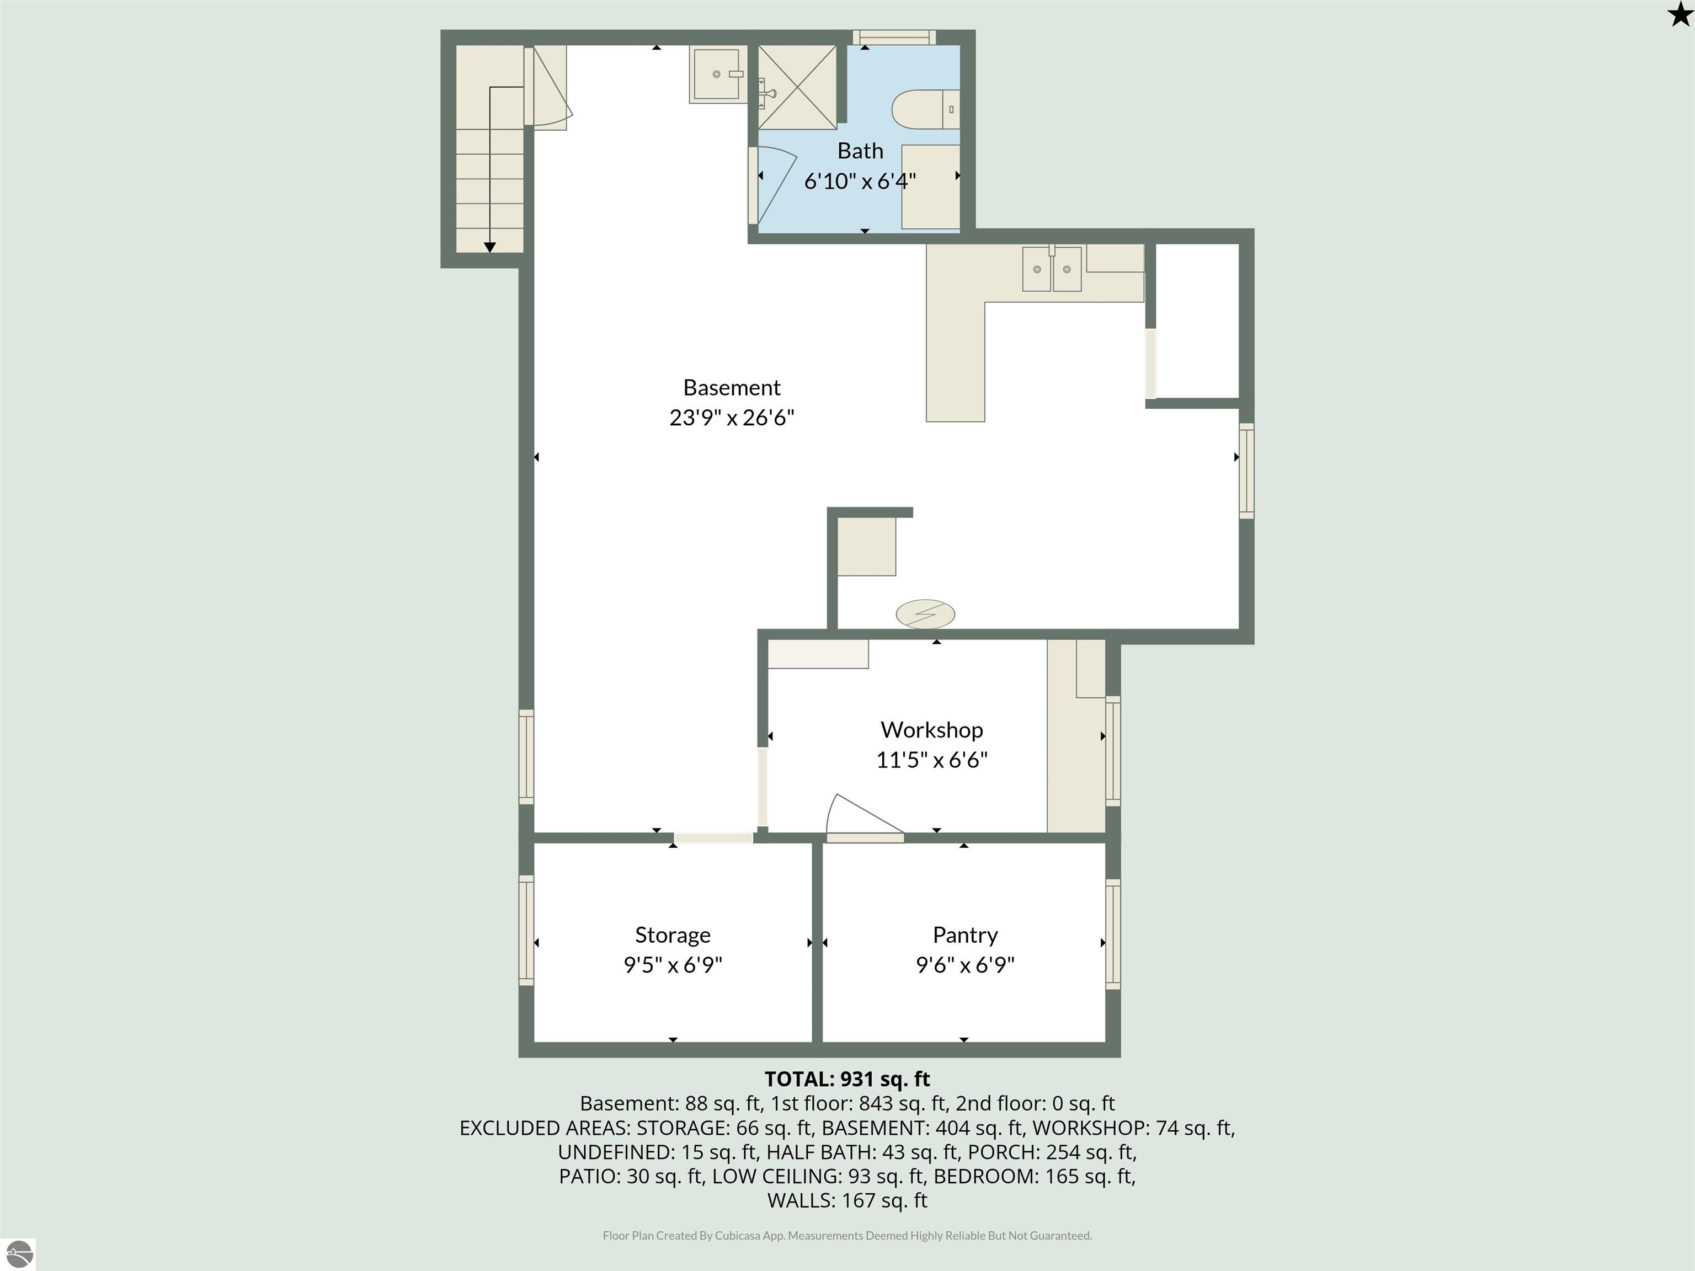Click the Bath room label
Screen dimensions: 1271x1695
coord(860,151)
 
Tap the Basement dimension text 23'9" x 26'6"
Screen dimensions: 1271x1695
coord(731,418)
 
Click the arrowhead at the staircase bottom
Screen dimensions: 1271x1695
coord(489,247)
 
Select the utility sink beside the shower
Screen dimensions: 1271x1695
coord(717,74)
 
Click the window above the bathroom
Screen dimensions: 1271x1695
coord(894,37)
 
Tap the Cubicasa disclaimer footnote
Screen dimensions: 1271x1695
coord(847,1235)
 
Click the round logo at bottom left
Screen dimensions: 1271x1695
coord(19,1254)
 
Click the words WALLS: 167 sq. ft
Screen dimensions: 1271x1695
coord(847,1200)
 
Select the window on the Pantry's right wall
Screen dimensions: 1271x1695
coord(1113,933)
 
